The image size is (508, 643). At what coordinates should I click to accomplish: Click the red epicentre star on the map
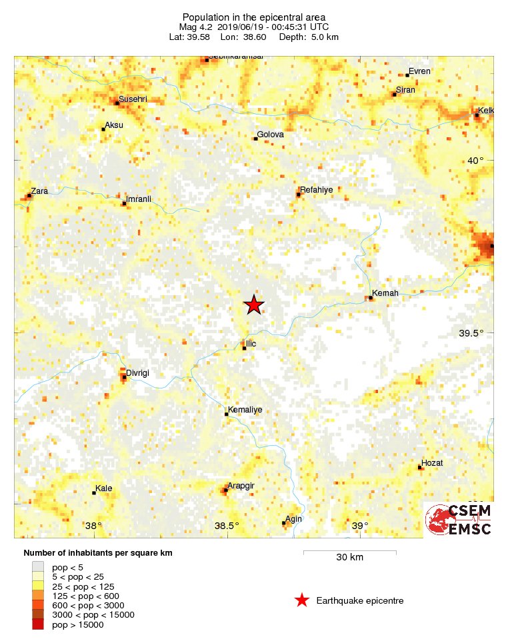point(253,305)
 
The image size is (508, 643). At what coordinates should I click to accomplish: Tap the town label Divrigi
point(138,373)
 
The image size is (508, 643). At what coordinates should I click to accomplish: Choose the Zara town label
point(39,191)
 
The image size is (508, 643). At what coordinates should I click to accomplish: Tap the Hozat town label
point(432,463)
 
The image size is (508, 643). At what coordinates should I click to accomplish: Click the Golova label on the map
point(271,135)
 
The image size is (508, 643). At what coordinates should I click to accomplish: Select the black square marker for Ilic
point(244,348)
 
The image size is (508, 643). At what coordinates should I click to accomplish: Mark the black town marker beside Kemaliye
point(226,414)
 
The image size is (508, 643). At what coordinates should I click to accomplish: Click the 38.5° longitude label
point(227,526)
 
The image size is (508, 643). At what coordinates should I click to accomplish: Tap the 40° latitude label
point(475,161)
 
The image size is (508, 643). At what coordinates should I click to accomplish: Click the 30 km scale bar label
point(349,558)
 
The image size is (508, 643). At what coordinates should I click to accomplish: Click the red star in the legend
point(302,600)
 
